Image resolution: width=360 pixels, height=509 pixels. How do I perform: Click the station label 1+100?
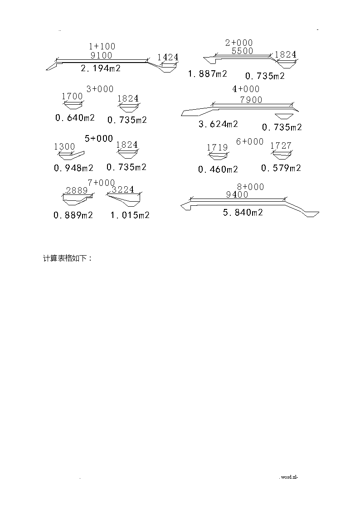pos(102,46)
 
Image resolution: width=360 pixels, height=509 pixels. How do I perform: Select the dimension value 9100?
pos(101,55)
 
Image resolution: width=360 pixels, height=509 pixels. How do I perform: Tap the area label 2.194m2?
pos(101,68)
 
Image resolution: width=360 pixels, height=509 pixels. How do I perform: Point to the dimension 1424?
pos(168,58)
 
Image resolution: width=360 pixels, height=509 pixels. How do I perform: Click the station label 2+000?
pos(239,43)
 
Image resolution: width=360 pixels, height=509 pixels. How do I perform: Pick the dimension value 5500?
pos(243,51)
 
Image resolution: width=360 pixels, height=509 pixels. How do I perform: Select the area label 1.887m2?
pos(208,74)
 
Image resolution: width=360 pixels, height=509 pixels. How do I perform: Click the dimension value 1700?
pos(73,97)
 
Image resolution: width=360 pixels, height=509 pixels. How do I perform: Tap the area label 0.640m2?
pos(75,117)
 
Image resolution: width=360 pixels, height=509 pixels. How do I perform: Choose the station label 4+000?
pos(246,89)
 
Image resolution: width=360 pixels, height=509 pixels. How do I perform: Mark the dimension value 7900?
pos(251,100)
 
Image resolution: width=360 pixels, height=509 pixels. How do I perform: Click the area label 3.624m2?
pos(219,124)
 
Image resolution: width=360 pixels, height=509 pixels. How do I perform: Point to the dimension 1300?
pos(64,147)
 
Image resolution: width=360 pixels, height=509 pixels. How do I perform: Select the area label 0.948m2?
pos(74,168)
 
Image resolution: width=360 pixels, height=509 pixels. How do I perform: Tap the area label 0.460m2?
pos(218,169)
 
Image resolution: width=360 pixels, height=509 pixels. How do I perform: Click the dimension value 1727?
pos(281,146)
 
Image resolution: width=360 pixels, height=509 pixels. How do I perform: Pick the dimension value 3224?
pos(123,189)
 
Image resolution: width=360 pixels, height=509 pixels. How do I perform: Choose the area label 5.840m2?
pos(243,212)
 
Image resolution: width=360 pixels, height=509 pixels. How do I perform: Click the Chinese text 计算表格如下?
pos(65,258)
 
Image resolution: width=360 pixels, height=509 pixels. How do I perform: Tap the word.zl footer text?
pos(288,477)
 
